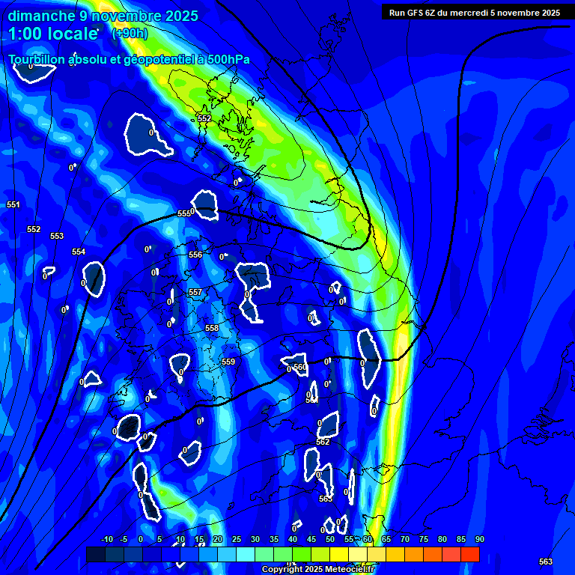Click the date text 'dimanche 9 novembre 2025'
point(103,16)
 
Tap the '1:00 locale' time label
point(53,33)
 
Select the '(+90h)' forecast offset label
point(130,33)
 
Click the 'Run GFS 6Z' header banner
point(474,13)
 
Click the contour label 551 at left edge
point(13,204)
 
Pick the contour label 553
point(57,236)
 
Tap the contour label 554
point(79,252)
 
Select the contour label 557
point(195,292)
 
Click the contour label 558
point(212,328)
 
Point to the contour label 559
point(228,362)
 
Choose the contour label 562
point(323,442)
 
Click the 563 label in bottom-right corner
point(546,562)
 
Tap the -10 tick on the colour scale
point(107,539)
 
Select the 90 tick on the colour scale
point(479,539)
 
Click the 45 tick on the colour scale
point(311,539)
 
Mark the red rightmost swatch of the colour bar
point(470,554)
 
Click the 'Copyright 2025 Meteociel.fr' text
point(317,569)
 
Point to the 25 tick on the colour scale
point(236,539)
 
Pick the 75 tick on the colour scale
point(423,539)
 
